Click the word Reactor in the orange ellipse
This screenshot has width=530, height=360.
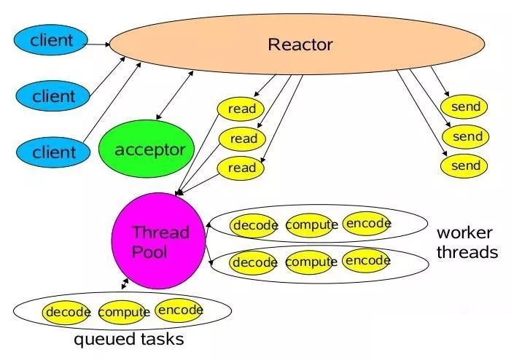point(300,44)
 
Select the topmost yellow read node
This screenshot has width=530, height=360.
point(241,109)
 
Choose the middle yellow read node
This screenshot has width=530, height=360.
point(243,138)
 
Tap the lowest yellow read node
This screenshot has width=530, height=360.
point(242,168)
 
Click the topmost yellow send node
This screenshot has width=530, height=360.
point(464,106)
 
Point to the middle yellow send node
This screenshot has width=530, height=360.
point(467,136)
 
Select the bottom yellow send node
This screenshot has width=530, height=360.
point(464,165)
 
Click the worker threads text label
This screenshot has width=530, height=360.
point(467,243)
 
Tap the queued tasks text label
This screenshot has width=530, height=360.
point(129,340)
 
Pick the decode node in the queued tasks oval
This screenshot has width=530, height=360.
point(67,312)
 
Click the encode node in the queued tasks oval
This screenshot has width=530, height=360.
point(180,310)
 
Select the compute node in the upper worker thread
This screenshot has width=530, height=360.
point(311,224)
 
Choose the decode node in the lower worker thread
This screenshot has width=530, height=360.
point(254,262)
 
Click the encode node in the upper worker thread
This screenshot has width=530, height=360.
point(367,223)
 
